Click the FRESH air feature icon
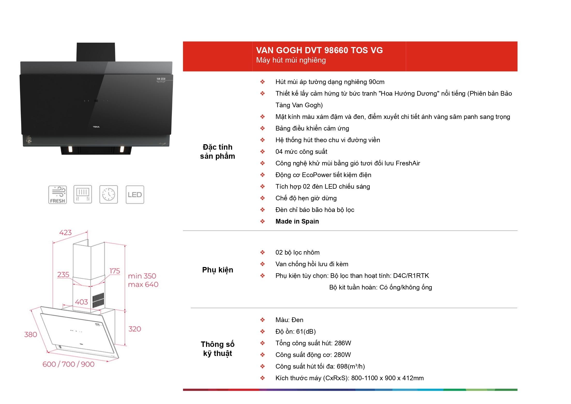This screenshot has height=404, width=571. tap(57, 195)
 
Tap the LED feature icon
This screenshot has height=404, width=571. tap(135, 195)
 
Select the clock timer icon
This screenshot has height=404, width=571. tap(109, 195)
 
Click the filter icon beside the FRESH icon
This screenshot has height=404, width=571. tap(83, 195)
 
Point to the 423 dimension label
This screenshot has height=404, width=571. tap(65, 233)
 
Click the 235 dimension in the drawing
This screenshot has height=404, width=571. tap(63, 275)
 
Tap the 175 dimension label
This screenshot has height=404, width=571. tap(115, 271)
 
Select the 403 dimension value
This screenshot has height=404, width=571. tap(81, 302)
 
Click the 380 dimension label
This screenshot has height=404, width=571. tap(31, 334)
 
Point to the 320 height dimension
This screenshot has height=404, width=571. tap(135, 329)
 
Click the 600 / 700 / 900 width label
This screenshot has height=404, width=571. tap(68, 364)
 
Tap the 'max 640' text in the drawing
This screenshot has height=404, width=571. tap(143, 285)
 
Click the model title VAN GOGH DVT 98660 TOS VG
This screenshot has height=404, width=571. tap(319, 50)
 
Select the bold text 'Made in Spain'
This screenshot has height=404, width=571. tap(297, 222)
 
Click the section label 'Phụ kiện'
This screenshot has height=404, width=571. tap(218, 270)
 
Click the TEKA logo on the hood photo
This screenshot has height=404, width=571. tap(96, 127)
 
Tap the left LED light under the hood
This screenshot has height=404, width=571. tap(70, 149)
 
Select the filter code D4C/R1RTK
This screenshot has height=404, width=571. tap(411, 276)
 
